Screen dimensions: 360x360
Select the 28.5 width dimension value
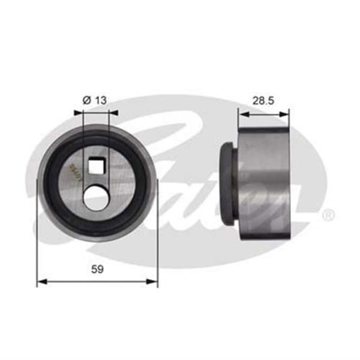[263, 100]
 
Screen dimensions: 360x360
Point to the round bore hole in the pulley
[96, 196]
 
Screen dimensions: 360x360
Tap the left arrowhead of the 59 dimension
[41, 281]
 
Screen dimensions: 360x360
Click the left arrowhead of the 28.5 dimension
[241, 111]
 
